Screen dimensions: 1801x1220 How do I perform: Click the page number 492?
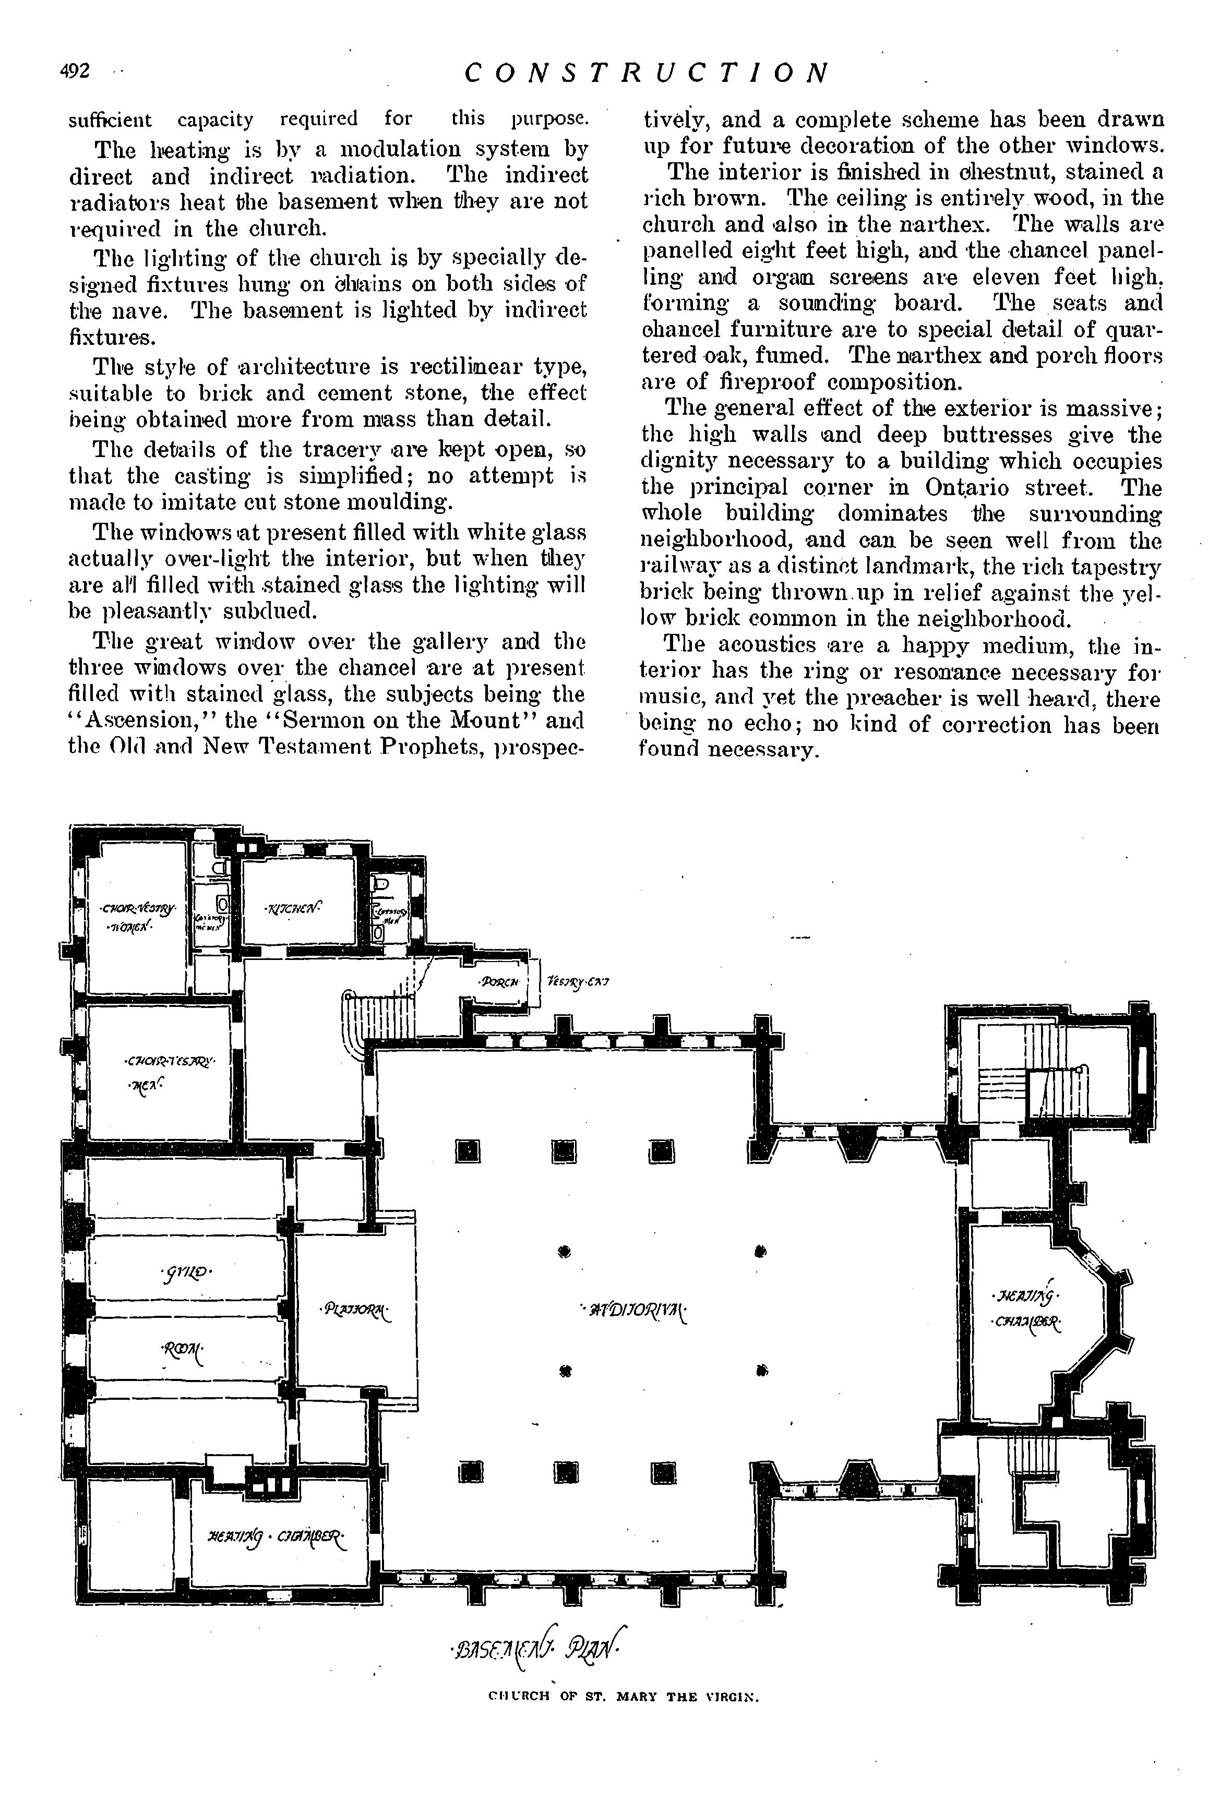point(75,71)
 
